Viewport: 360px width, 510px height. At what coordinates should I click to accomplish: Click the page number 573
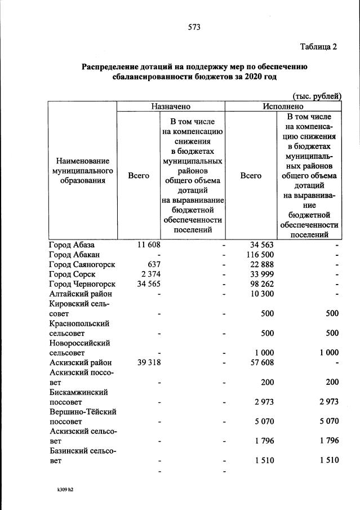point(194,27)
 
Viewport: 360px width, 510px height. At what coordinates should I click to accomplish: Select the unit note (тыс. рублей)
point(317,97)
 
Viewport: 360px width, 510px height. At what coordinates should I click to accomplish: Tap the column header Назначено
point(170,106)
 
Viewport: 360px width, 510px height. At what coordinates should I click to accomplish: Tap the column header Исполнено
point(283,106)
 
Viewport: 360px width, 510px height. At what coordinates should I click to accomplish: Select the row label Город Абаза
point(72,245)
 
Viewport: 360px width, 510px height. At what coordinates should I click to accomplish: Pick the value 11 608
point(149,245)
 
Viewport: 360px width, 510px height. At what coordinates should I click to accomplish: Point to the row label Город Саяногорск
point(82,264)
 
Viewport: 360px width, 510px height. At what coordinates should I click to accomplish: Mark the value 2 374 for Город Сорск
point(150,274)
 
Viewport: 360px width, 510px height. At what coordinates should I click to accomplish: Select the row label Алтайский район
point(81,293)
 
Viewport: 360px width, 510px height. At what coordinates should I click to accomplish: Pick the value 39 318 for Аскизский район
point(149,362)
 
